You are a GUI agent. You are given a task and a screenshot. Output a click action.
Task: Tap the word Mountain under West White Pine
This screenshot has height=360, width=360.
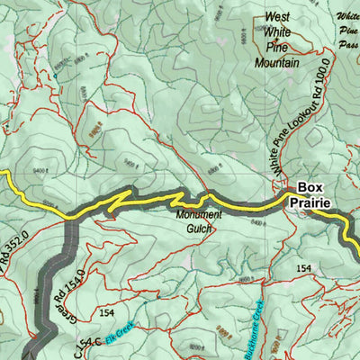click(x=276, y=63)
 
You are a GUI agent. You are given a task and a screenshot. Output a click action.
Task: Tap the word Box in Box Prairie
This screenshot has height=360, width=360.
click(x=310, y=188)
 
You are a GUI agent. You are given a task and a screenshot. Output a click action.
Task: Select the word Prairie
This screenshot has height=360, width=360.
click(x=310, y=203)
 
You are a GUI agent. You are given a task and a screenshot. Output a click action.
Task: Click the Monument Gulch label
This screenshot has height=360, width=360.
click(x=198, y=221)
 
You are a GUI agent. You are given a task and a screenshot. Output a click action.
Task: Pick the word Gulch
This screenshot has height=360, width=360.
click(x=198, y=229)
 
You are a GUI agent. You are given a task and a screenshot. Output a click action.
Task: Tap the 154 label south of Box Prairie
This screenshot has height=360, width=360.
click(x=304, y=268)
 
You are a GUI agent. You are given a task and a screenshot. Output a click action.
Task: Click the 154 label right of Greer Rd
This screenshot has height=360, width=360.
click(x=107, y=312)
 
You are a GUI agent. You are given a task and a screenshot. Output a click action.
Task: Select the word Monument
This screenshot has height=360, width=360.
click(x=198, y=215)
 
